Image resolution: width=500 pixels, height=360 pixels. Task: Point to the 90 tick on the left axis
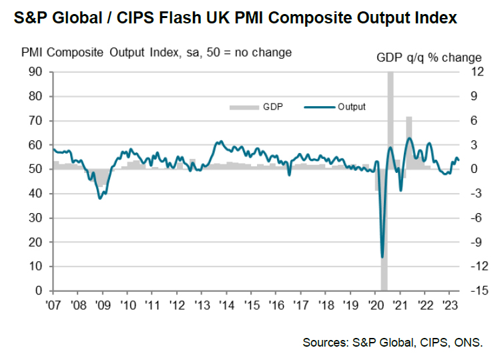coord(37,72)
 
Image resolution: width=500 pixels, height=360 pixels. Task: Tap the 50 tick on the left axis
coord(37,170)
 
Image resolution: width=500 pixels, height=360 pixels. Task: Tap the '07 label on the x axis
coord(53,305)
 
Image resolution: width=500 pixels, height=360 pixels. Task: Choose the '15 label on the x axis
coord(251,305)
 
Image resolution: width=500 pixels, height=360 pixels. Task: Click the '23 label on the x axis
coord(449,305)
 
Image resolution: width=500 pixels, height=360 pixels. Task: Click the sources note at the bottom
coord(393,343)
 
